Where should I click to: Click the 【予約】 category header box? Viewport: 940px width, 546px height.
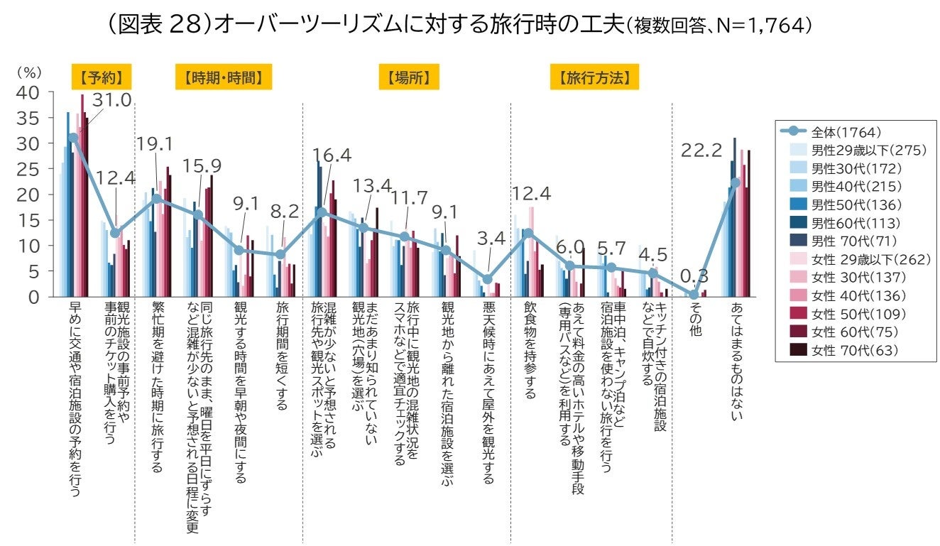(102, 77)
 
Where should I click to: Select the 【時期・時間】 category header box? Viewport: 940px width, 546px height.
(224, 77)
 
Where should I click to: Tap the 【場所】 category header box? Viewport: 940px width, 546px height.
(408, 77)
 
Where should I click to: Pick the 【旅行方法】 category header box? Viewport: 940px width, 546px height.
(594, 77)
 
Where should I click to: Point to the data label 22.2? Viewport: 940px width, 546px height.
(701, 149)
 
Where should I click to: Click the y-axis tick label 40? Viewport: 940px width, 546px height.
(31, 92)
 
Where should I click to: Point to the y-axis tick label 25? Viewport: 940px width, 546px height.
(31, 169)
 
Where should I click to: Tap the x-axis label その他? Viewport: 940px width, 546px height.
(695, 320)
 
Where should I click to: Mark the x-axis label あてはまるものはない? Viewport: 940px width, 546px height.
(736, 361)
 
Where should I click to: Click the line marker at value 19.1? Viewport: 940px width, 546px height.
(157, 199)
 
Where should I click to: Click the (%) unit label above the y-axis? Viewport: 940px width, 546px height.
(30, 73)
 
